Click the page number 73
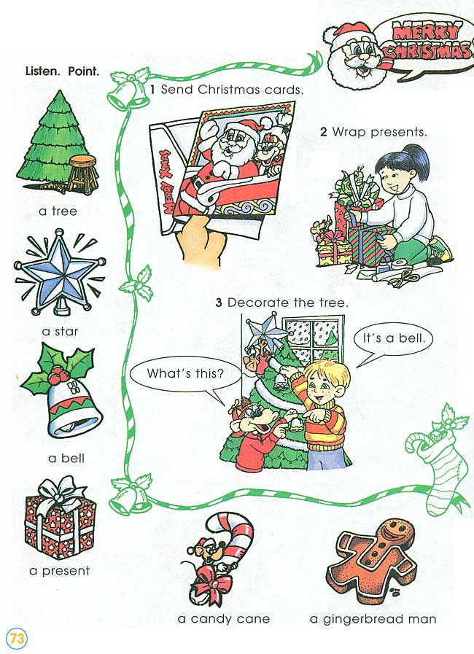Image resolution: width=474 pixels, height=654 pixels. click(17, 638)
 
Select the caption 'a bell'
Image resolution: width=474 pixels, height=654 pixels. click(66, 459)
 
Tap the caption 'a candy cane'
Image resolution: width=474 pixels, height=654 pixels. click(224, 619)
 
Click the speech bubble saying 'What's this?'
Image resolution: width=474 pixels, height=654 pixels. click(184, 374)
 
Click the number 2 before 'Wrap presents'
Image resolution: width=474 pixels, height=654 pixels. click(323, 132)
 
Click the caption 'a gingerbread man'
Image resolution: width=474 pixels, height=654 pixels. click(373, 619)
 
